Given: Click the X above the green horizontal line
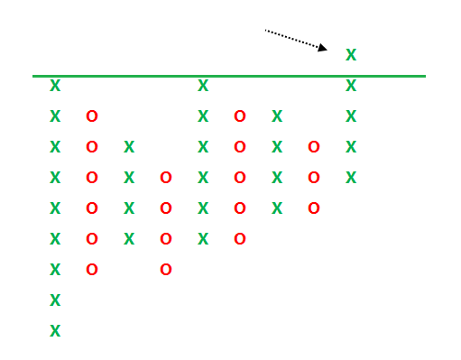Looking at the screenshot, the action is (351, 55).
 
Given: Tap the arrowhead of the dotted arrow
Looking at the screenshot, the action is (323, 48).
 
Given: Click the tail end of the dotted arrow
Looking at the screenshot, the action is (265, 30).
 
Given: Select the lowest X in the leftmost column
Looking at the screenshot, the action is (55, 331).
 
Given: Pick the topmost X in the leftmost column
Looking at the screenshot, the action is (55, 86).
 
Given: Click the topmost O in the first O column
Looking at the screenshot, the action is (92, 116).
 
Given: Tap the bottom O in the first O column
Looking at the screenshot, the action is (92, 270).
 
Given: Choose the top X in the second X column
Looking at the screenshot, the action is (129, 147).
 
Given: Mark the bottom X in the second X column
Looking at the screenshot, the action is (129, 239).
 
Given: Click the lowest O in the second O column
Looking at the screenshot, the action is (166, 270).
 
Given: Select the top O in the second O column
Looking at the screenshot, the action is (166, 178).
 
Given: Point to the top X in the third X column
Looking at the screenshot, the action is (203, 86).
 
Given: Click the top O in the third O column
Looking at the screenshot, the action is (240, 116).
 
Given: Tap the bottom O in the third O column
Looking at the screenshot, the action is (240, 239).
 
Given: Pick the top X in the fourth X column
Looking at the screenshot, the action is (277, 116).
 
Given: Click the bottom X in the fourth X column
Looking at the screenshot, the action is (277, 208).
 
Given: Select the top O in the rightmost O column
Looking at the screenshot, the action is (314, 147).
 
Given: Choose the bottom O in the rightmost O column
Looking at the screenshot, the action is (314, 208).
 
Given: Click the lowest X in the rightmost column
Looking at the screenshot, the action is (351, 178).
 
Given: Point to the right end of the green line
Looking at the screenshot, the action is (425, 77).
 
